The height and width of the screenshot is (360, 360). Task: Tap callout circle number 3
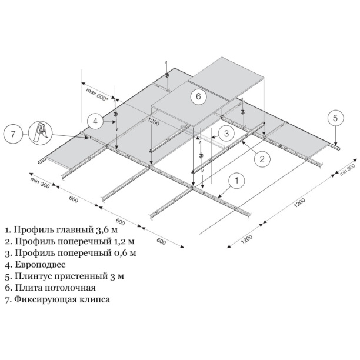click(x=224, y=133)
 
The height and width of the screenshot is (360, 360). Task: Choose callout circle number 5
click(x=335, y=118)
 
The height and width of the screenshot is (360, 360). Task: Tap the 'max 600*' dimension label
click(x=97, y=95)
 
